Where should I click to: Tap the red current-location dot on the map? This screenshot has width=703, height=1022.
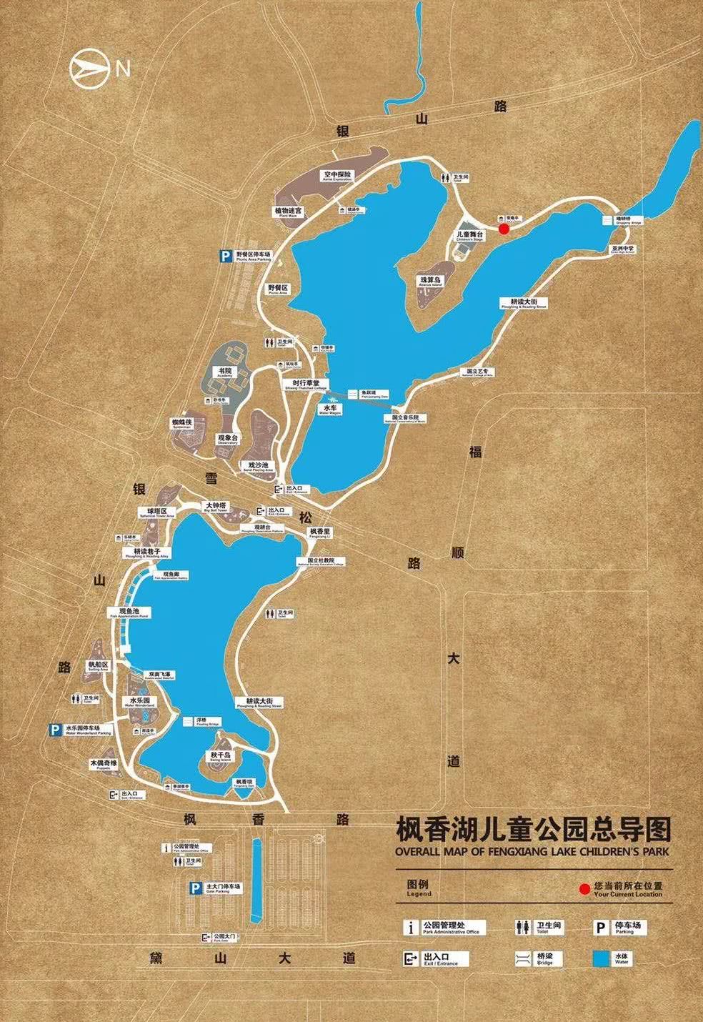[503, 229]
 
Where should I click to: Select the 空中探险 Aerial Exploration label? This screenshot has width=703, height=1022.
[336, 176]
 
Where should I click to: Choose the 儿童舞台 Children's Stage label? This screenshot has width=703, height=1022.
[469, 236]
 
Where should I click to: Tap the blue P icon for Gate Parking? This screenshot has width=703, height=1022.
[194, 888]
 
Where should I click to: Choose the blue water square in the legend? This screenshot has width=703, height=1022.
[601, 958]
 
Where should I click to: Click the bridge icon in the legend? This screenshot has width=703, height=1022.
[524, 958]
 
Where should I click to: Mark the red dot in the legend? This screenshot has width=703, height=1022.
[584, 890]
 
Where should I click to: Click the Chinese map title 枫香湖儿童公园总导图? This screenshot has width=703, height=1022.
[534, 831]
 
